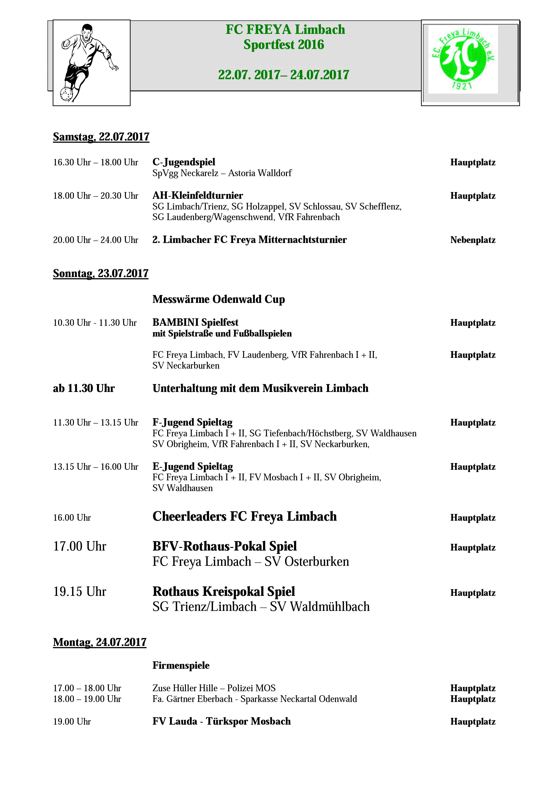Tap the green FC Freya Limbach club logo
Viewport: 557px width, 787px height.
(x=463, y=59)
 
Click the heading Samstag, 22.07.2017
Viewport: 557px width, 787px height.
(x=101, y=137)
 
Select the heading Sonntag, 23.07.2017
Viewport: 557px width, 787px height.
(x=101, y=273)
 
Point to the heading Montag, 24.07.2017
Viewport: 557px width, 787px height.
(x=99, y=642)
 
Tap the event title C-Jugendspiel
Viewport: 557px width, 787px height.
(x=184, y=162)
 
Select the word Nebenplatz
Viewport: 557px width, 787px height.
(x=473, y=240)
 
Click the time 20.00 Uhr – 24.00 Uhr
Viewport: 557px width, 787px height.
(x=95, y=240)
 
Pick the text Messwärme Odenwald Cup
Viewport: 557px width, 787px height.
(x=218, y=299)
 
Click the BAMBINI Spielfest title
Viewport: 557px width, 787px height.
(x=195, y=323)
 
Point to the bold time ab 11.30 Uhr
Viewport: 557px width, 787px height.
(x=84, y=388)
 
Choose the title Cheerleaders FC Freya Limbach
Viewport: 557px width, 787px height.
(x=244, y=517)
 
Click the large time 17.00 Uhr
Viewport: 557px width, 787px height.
(x=79, y=546)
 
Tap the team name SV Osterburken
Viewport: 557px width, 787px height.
(x=307, y=562)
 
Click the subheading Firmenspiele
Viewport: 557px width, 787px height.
(x=181, y=666)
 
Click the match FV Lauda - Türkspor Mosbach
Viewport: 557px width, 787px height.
(x=222, y=721)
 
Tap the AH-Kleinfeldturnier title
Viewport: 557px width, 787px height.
(x=198, y=196)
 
